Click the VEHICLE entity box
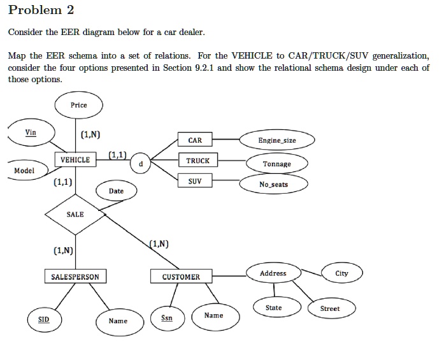(x=75, y=159)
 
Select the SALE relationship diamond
(x=75, y=215)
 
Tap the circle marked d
(x=140, y=163)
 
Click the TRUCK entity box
(x=198, y=160)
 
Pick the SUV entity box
(x=195, y=180)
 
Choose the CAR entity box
(x=195, y=140)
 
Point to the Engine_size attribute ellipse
(x=277, y=140)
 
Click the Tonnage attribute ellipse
(x=277, y=163)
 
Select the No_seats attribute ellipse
(x=273, y=184)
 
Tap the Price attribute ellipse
(x=79, y=105)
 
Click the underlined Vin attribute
(x=31, y=133)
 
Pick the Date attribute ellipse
(x=117, y=191)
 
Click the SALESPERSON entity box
(x=75, y=276)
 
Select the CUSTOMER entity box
(x=181, y=276)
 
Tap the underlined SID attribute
(x=45, y=320)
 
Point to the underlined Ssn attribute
(x=168, y=319)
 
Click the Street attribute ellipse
(x=332, y=308)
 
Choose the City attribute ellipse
(x=342, y=273)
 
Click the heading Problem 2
(x=41, y=10)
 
